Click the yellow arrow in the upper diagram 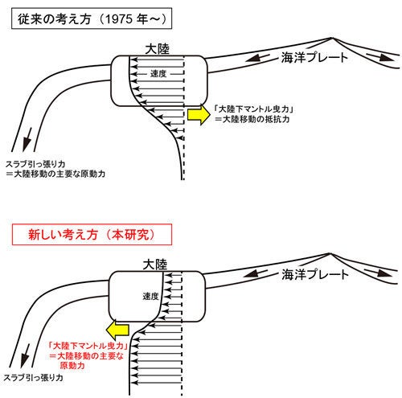pyautogui.click(x=199, y=115)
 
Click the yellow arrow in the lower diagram pyautogui.click(x=117, y=330)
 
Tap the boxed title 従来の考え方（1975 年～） pyautogui.click(x=92, y=18)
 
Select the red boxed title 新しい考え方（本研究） pyautogui.click(x=92, y=235)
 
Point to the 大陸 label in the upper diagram pyautogui.click(x=158, y=49)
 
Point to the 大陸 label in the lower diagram pyautogui.click(x=155, y=265)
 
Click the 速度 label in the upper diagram pyautogui.click(x=158, y=73)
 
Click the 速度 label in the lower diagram pyautogui.click(x=150, y=296)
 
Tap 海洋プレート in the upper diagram pyautogui.click(x=314, y=57)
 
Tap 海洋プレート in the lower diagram pyautogui.click(x=315, y=274)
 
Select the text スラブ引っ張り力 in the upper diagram pyautogui.click(x=35, y=164)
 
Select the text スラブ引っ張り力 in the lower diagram pyautogui.click(x=34, y=378)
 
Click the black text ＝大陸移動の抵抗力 pyautogui.click(x=252, y=119)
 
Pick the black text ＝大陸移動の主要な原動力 pyautogui.click(x=55, y=174)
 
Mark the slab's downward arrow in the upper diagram pyautogui.click(x=27, y=140)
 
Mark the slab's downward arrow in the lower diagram pyautogui.click(x=25, y=356)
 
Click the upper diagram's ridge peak pyautogui.click(x=332, y=38)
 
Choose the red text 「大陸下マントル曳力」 pyautogui.click(x=88, y=346)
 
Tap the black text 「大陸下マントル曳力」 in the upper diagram pyautogui.click(x=253, y=109)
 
